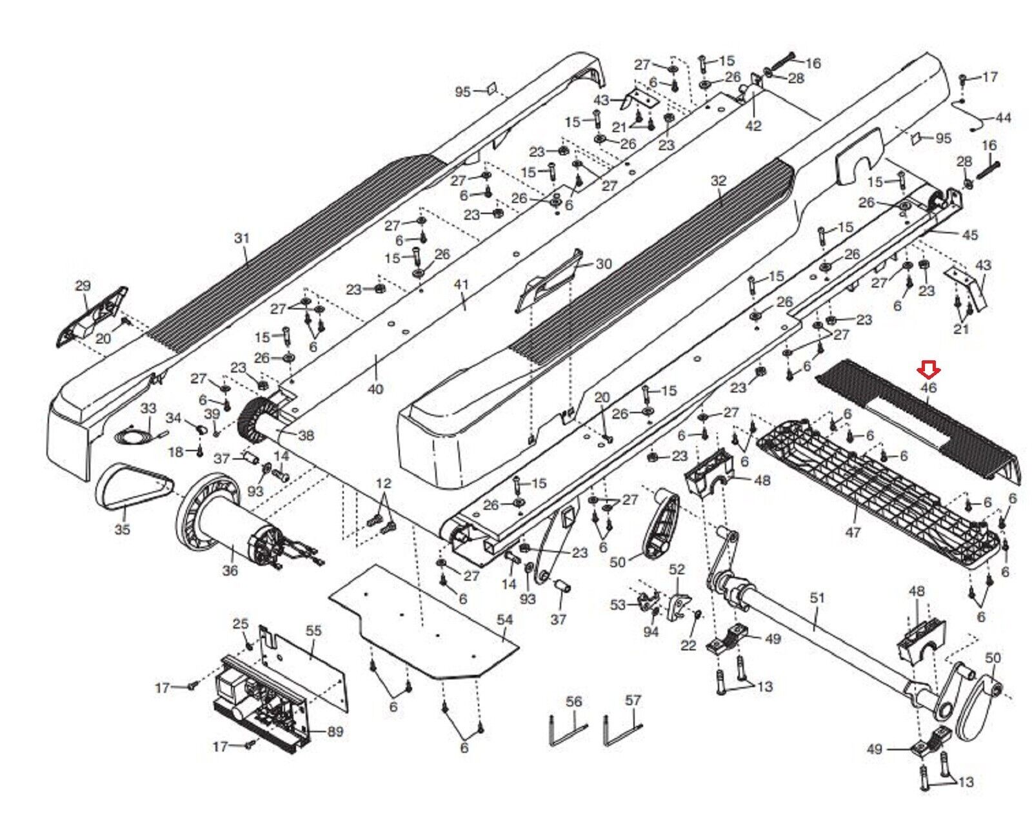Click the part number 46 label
point(928,388)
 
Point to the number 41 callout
point(461,284)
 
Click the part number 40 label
point(375,388)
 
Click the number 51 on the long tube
point(817,598)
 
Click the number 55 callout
point(313,631)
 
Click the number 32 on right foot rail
point(719,180)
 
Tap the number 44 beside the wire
point(1003,117)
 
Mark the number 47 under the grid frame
point(853,532)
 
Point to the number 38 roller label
point(306,435)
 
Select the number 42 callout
point(753,126)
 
